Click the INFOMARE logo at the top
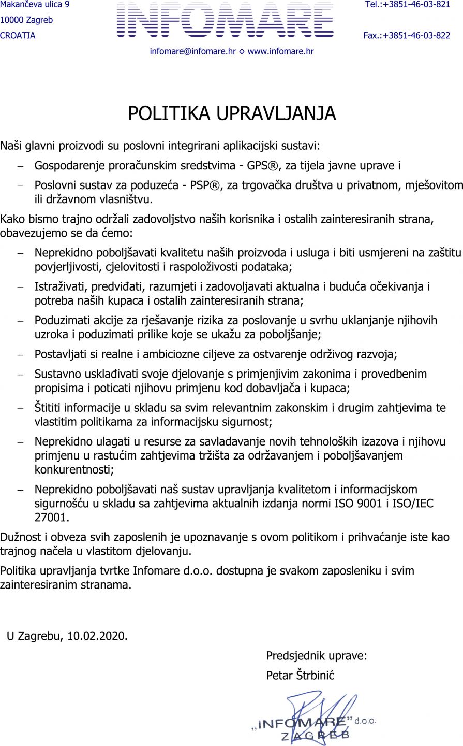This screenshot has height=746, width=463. coord(225,21)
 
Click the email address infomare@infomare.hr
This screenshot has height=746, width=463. coord(192,51)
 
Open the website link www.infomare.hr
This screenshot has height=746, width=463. coord(280,51)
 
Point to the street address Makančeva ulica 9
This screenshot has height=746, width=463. coord(35,5)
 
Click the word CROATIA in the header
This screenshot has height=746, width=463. coord(18,36)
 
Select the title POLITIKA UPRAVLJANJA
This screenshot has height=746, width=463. coord(232,113)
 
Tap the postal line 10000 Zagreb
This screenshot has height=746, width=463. coord(26,20)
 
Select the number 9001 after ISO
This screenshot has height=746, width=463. coord(374,503)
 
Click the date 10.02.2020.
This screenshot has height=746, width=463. coord(97,636)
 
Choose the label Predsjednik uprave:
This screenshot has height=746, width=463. coord(317,656)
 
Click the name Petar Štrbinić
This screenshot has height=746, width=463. coord(300,675)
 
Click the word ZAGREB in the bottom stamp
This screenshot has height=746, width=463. coord(316,735)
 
